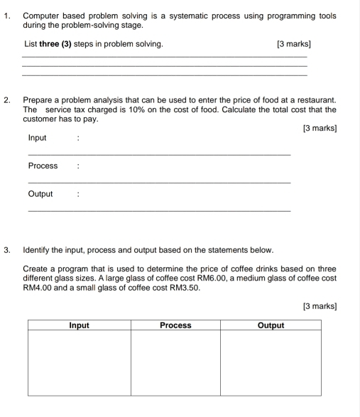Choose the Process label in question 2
[43, 166]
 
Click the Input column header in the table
[79, 325]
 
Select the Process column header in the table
[175, 325]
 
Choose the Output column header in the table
[271, 325]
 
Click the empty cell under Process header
[175, 362]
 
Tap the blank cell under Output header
[271, 362]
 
